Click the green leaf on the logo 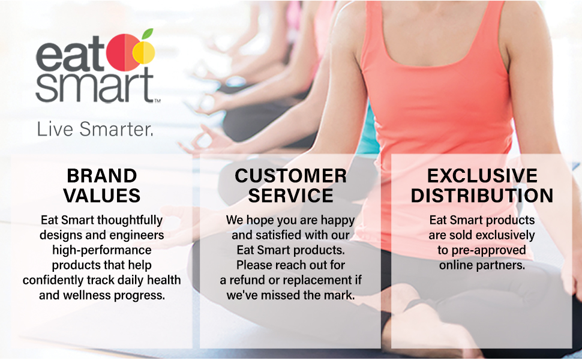coord(147,35)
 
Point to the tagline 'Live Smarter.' coord(95,129)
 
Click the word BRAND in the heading coord(102,176)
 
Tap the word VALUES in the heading coord(102,196)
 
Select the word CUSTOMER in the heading coord(291,176)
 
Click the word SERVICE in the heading coord(291,196)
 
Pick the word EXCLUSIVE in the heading coord(482,176)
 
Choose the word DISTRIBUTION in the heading coord(482,196)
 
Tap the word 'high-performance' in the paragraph coord(102,250)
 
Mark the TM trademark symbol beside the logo coord(157,101)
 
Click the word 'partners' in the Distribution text coord(503,265)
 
